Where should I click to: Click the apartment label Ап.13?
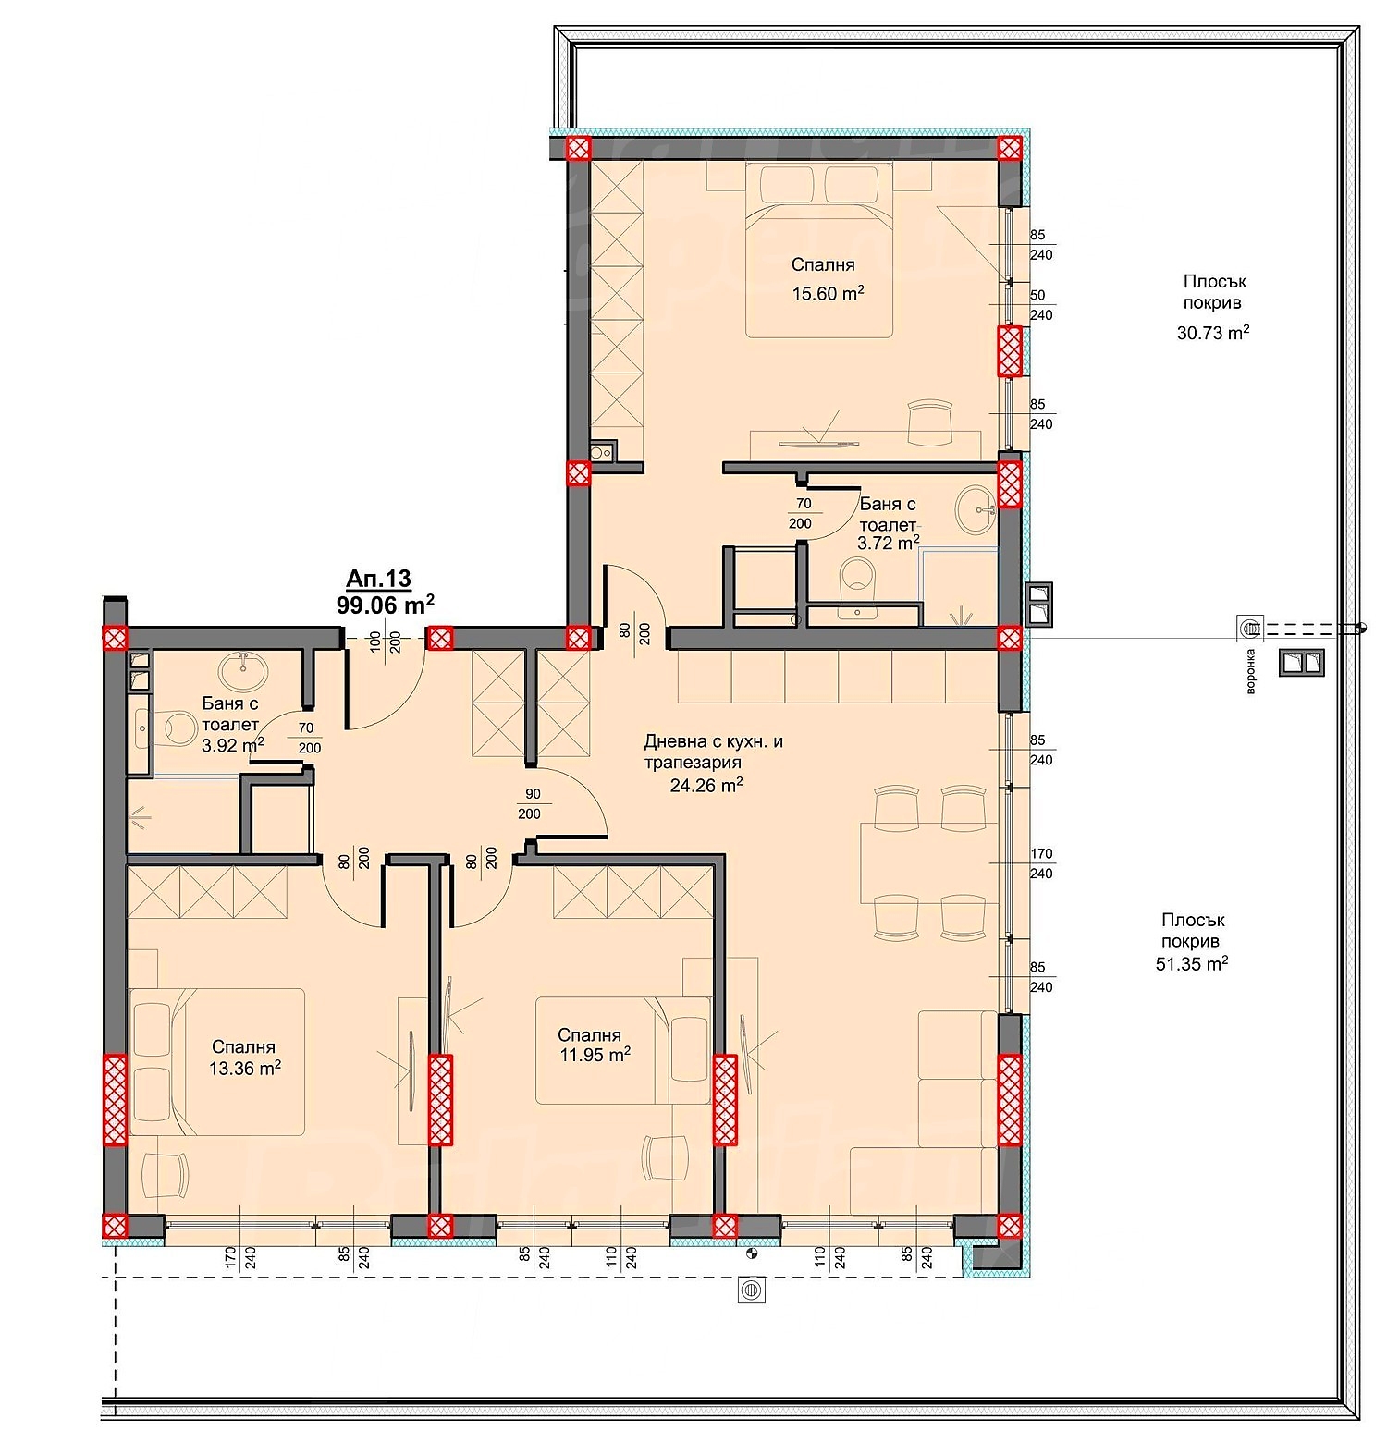coord(377,579)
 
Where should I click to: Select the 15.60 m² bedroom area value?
coord(828,294)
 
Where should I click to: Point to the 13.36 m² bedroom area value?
coord(245,1069)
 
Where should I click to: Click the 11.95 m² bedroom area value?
coord(595,1055)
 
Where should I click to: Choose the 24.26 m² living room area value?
coord(706,786)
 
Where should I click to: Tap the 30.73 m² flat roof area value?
coord(1213,333)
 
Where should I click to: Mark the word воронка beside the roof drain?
coord(1250,671)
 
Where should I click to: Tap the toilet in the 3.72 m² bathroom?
coord(857,581)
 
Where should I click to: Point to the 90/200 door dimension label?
coord(532,804)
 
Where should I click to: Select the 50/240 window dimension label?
coord(1040,305)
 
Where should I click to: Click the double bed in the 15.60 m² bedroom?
coord(820,250)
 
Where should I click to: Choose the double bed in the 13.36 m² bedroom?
coord(218,1061)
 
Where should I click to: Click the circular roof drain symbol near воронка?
coord(1251,629)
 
